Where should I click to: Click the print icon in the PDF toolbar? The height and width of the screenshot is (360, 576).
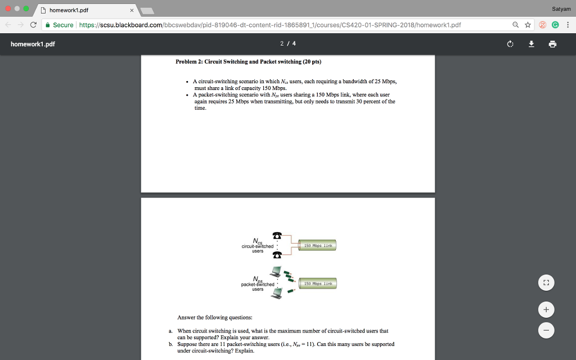click(x=553, y=44)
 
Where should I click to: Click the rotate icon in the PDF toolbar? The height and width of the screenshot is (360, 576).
click(x=510, y=44)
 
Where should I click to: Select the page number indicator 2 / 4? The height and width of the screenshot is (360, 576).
click(x=287, y=44)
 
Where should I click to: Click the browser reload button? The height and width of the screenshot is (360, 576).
click(x=34, y=25)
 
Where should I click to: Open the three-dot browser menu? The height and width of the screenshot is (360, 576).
click(x=568, y=25)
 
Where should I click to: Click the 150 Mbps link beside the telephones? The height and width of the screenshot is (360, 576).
click(x=318, y=246)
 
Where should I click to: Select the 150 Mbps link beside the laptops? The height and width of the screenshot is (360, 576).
click(x=318, y=284)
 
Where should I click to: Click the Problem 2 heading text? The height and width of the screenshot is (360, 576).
click(x=248, y=61)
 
